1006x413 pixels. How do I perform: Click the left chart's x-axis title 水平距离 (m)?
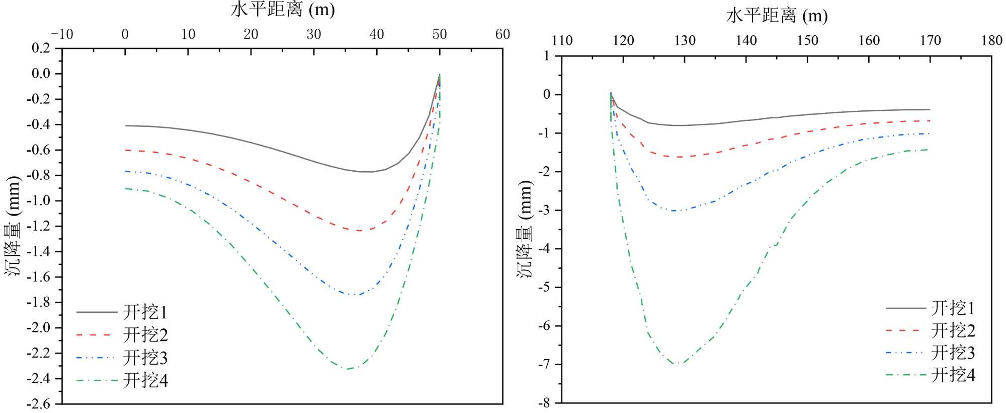(283, 10)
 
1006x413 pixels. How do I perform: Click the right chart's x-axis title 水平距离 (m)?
(777, 16)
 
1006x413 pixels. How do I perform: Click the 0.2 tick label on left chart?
(41, 48)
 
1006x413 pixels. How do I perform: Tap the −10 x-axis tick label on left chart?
(62, 34)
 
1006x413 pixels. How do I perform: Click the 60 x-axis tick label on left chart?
(502, 34)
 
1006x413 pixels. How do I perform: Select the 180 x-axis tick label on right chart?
(991, 41)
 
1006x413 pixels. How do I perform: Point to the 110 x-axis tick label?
(562, 41)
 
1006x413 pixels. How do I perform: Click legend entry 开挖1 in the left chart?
(145, 312)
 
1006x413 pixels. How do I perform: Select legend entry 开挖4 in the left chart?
(145, 380)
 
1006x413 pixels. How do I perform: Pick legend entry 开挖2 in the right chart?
(953, 331)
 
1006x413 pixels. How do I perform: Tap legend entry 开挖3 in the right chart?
(953, 353)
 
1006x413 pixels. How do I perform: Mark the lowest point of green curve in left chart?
(346, 369)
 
